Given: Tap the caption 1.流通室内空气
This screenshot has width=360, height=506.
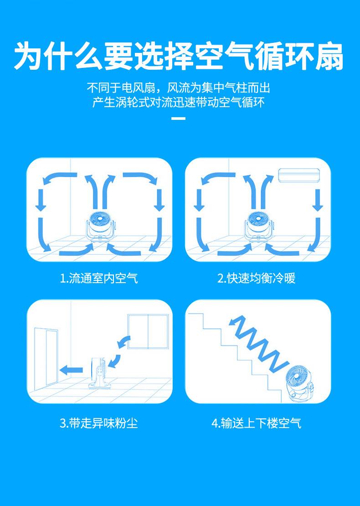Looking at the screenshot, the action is tap(99, 278).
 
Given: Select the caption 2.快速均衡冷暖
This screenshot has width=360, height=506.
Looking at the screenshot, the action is tap(257, 278).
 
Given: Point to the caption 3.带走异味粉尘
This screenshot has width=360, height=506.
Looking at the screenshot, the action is tap(99, 423).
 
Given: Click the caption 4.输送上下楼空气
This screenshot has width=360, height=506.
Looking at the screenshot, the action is tap(257, 423).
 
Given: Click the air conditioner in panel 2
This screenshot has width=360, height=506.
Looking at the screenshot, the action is tap(299, 176).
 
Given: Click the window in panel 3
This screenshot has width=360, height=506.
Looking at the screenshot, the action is tap(148, 332).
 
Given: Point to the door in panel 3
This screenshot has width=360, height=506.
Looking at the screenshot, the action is tap(46, 356).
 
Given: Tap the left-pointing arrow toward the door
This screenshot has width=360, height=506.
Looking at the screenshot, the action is tap(71, 370).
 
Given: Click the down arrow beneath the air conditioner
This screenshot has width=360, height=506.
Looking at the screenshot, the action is tap(318, 201).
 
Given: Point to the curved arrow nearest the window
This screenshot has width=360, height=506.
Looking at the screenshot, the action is tap(124, 342).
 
